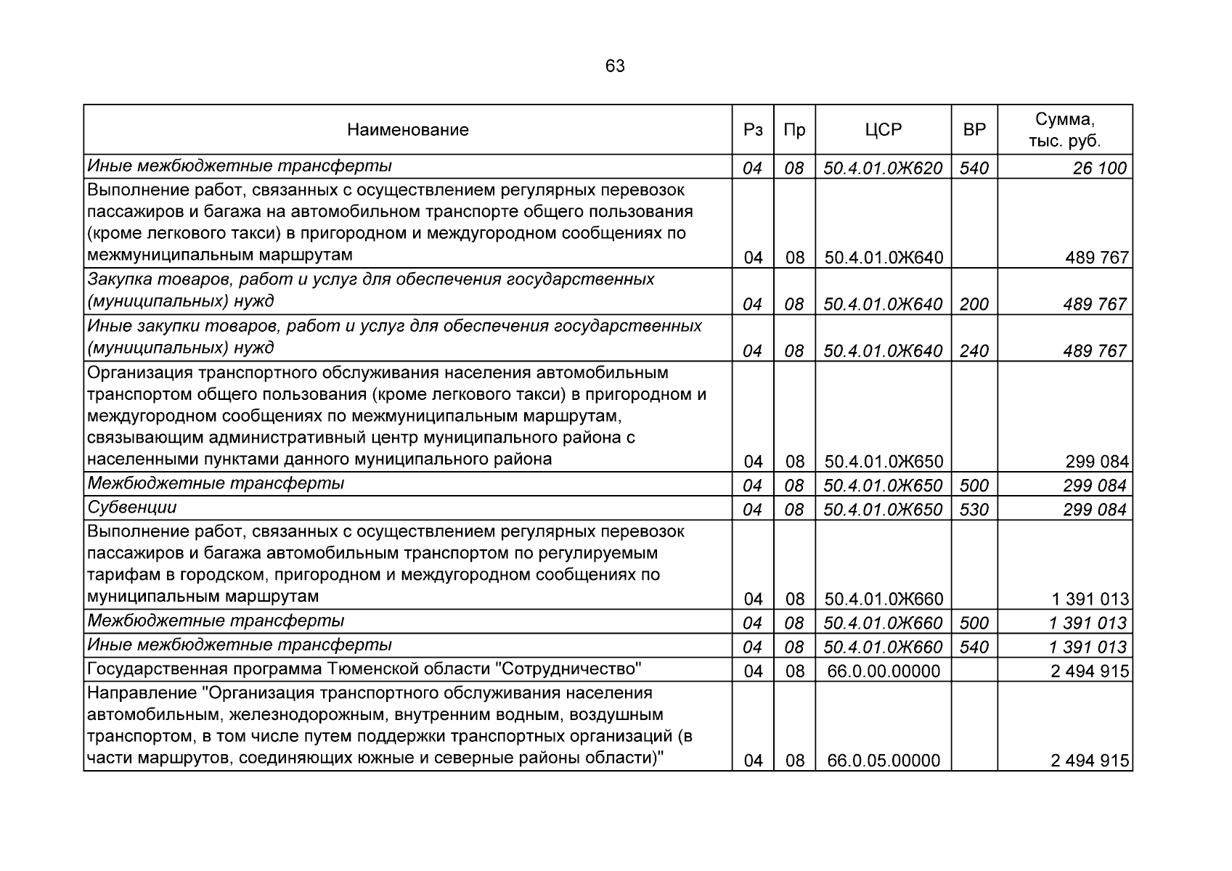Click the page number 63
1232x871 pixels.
click(x=614, y=67)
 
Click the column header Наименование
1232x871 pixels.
click(x=407, y=130)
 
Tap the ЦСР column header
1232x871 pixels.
click(x=883, y=130)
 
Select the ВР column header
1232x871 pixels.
click(x=974, y=130)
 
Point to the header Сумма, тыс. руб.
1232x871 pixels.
click(x=1064, y=130)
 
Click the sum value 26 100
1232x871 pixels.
click(x=1099, y=168)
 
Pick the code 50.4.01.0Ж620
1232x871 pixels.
click(x=883, y=168)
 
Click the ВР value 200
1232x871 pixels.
click(x=974, y=304)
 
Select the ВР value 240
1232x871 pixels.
click(x=974, y=351)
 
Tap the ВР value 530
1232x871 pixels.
click(x=974, y=510)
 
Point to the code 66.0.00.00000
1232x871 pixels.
click(x=884, y=671)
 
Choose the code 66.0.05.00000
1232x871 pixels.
click(x=884, y=761)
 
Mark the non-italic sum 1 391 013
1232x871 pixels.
click(x=1090, y=599)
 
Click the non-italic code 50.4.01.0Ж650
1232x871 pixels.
click(x=884, y=462)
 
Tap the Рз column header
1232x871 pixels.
click(x=753, y=130)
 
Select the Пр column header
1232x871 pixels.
click(x=794, y=130)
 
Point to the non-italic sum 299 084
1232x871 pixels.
click(x=1097, y=462)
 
